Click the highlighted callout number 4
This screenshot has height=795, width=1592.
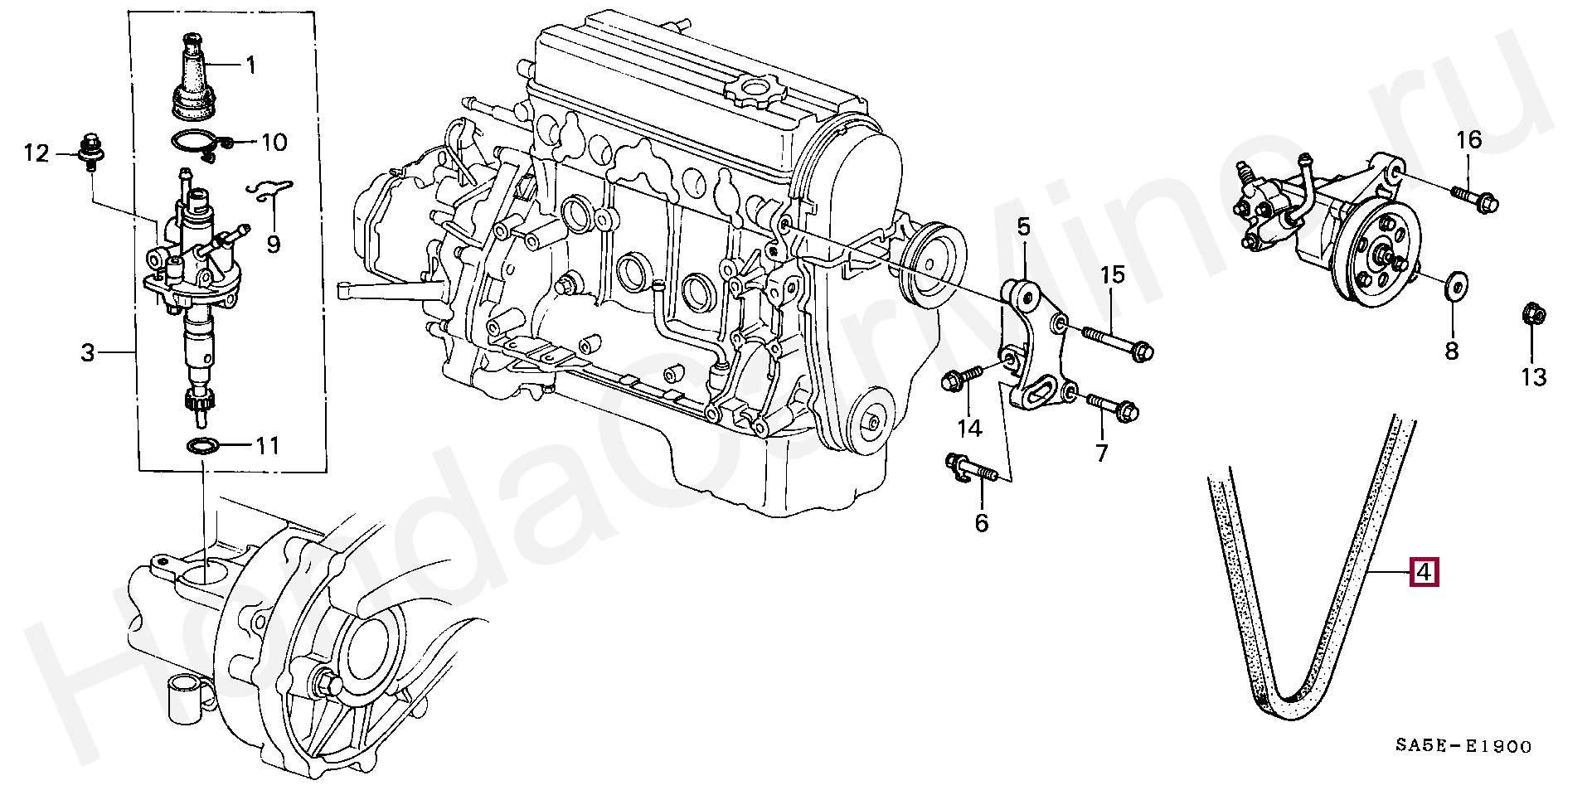pos(1424,572)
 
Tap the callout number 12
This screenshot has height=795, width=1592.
pos(36,153)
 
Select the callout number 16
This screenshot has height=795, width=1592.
pos(1468,140)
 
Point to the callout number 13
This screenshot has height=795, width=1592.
pos(1533,377)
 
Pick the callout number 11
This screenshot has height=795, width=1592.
pos(267,446)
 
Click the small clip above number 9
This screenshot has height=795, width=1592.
pos(271,190)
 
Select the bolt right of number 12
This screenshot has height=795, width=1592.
pos(85,152)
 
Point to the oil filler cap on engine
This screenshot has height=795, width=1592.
pos(752,89)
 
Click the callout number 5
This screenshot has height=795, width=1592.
pos(1022,226)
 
